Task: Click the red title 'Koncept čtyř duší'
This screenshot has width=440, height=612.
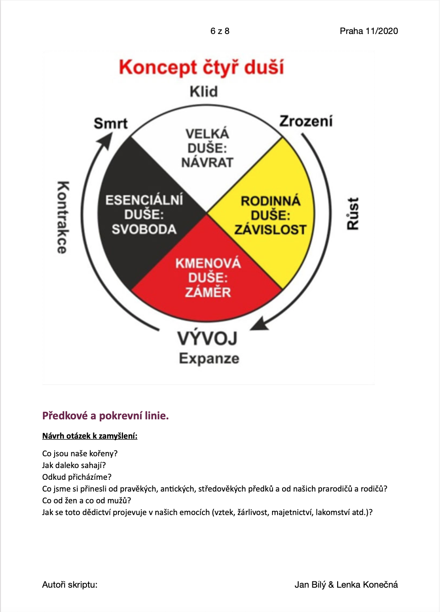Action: pos(202,68)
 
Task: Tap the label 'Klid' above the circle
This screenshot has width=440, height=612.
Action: pos(204,92)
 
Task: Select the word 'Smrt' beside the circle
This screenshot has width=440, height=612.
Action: pos(111,123)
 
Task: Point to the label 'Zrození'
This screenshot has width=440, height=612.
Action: pos(306,121)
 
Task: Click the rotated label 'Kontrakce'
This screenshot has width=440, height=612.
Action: pos(63,217)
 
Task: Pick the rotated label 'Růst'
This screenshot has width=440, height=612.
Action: pos(353,214)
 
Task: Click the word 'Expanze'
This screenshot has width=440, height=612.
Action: pos(209,358)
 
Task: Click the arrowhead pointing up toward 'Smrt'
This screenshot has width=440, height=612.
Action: pos(106,140)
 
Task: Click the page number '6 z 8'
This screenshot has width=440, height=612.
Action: pos(220,31)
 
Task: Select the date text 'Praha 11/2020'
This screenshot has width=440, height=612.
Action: pos(369,31)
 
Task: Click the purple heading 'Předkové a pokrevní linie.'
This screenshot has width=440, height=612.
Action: pos(105,416)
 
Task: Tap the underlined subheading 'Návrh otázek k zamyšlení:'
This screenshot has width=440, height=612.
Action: pos(90,436)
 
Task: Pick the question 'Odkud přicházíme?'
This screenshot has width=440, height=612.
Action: pos(77,477)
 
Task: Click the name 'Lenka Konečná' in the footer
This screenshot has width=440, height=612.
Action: pos(367,585)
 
